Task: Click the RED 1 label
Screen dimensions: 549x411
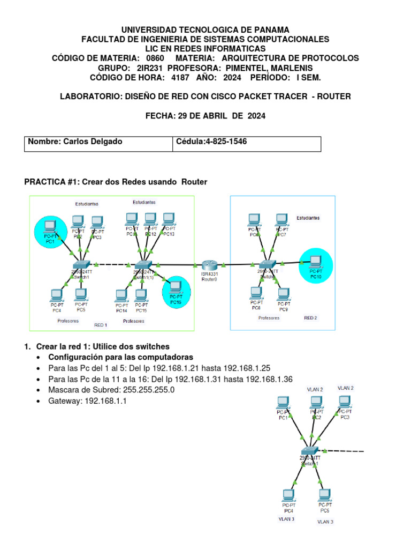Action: pyautogui.click(x=101, y=325)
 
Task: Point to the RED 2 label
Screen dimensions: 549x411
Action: pyautogui.click(x=310, y=318)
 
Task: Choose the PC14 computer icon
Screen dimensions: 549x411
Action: pyautogui.click(x=121, y=296)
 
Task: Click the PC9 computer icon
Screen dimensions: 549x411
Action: pyautogui.click(x=283, y=294)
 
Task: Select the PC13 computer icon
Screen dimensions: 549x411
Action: pyautogui.click(x=169, y=219)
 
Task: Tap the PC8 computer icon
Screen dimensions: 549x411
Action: pyautogui.click(x=256, y=293)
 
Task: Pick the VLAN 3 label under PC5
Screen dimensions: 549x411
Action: pyautogui.click(x=325, y=521)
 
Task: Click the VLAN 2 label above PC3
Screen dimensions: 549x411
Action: pyautogui.click(x=345, y=388)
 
